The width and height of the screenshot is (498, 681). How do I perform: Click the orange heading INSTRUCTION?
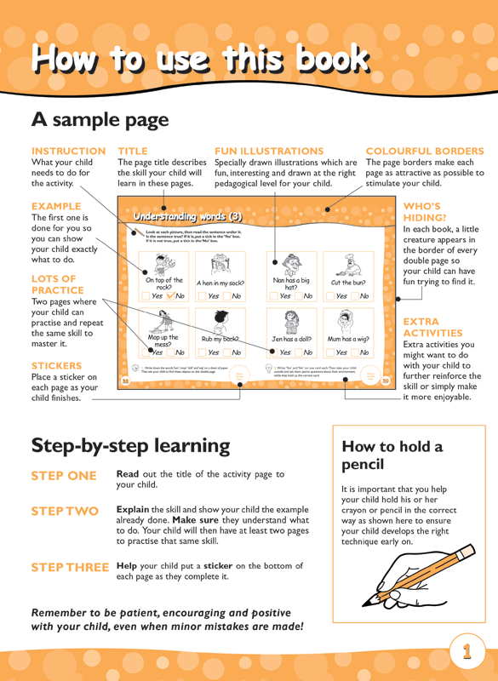pyautogui.click(x=68, y=151)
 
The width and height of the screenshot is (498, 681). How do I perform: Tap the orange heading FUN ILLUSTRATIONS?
pyautogui.click(x=269, y=151)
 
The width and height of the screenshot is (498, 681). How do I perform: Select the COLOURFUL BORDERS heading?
pyautogui.click(x=424, y=151)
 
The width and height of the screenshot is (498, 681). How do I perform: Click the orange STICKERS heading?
pyautogui.click(x=56, y=365)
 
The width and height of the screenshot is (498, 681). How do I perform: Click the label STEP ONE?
pyautogui.click(x=64, y=476)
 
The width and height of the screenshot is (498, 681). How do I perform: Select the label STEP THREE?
pyautogui.click(x=70, y=567)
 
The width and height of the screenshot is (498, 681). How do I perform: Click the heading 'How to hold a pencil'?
pyautogui.click(x=392, y=455)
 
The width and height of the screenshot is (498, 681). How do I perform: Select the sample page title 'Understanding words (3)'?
pyautogui.click(x=187, y=216)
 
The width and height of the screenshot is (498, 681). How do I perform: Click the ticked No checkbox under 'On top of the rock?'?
pyautogui.click(x=170, y=296)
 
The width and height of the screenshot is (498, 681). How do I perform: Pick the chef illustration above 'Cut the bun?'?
pyautogui.click(x=347, y=263)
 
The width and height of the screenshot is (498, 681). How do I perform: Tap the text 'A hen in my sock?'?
pyautogui.click(x=220, y=283)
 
